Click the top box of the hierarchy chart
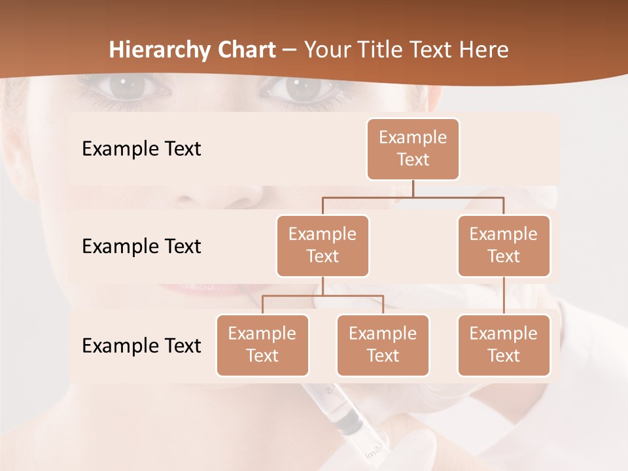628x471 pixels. tap(413, 148)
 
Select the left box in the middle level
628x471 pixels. tap(323, 245)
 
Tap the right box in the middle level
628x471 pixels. tap(504, 245)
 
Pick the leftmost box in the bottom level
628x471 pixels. tap(262, 345)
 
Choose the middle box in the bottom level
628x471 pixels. tap(383, 345)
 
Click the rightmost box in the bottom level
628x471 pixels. tap(504, 345)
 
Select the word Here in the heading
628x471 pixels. tap(483, 50)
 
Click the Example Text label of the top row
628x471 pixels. tap(141, 148)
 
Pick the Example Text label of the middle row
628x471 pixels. tap(141, 246)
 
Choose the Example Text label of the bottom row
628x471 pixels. tap(141, 345)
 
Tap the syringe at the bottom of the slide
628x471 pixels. tap(347, 419)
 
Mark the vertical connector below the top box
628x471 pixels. tap(413, 188)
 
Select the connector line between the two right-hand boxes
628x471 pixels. tap(504, 296)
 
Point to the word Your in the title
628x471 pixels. tap(326, 50)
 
